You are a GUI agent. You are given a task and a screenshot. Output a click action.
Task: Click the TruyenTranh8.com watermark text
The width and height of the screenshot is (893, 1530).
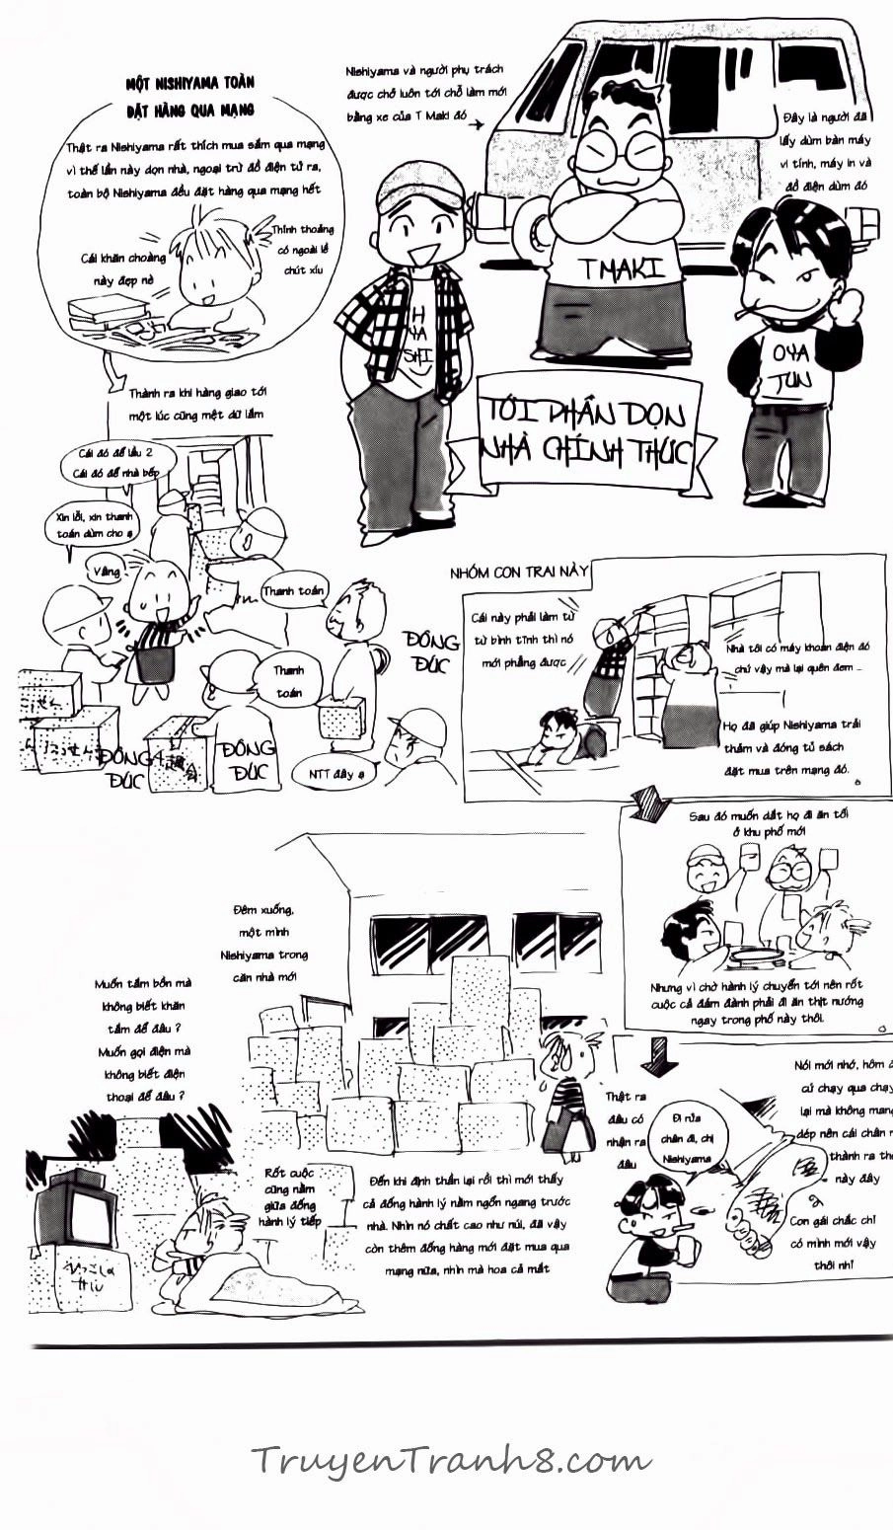450,1459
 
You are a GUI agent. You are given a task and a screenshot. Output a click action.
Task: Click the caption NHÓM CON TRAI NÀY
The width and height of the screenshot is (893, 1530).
518,572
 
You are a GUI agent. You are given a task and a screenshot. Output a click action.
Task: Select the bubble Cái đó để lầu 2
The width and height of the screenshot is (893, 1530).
110,460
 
